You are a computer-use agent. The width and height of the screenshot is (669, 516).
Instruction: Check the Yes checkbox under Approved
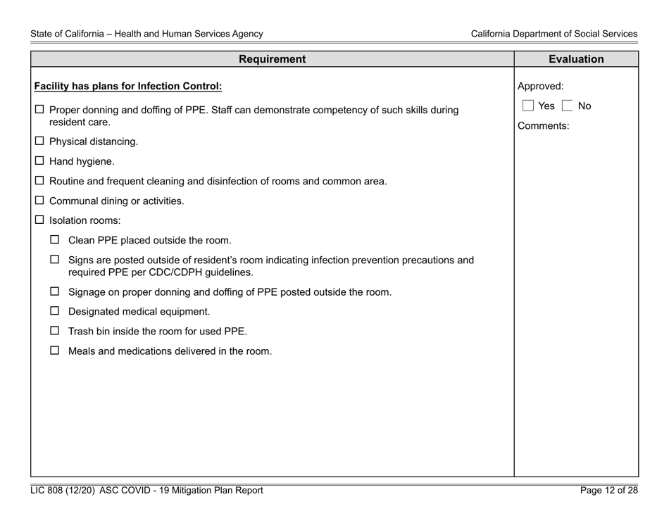(527, 106)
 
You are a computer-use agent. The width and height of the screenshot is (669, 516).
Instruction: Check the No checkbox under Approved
(567, 106)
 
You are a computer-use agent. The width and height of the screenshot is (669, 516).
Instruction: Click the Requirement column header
(273, 59)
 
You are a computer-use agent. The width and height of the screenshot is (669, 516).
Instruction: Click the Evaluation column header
(576, 59)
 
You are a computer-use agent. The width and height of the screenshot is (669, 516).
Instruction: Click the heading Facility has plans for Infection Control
(128, 87)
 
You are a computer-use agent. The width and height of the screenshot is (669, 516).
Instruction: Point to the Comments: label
(543, 127)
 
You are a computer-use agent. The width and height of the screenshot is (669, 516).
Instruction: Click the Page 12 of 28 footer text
(609, 491)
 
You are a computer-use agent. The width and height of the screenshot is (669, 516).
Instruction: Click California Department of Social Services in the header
(554, 34)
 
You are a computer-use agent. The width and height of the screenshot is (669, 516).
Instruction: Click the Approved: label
(541, 87)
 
